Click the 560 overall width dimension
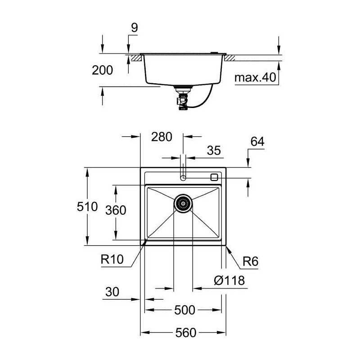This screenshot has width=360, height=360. [186, 333]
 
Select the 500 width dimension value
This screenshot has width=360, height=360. [184, 310]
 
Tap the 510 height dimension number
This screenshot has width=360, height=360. [87, 207]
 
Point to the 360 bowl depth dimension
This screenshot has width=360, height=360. [116, 210]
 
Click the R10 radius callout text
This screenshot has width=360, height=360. [112, 260]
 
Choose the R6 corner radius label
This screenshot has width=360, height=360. [251, 261]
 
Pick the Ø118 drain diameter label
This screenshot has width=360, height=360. [229, 280]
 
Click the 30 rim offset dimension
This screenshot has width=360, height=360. [112, 292]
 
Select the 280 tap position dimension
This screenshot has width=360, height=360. [162, 137]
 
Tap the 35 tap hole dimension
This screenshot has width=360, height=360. [214, 150]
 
